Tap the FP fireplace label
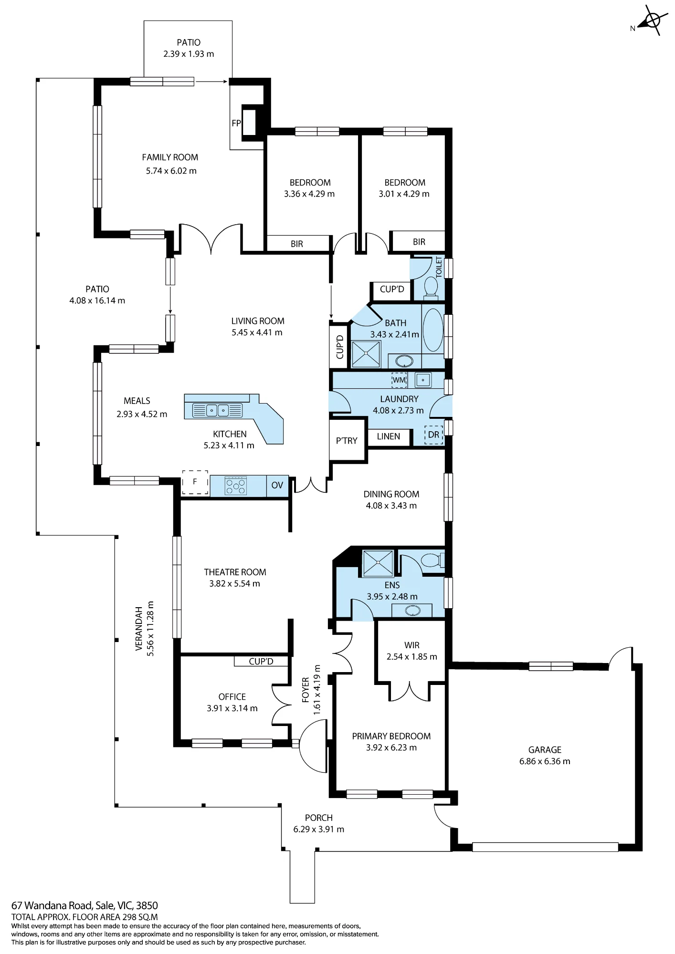point(236,123)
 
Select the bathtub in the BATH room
point(433,330)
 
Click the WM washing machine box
point(399,380)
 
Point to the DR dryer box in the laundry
point(433,435)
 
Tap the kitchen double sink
point(217,410)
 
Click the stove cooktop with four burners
point(235,486)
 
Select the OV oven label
point(277,485)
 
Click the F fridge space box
point(195,482)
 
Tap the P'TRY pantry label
point(347,440)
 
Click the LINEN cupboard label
point(389,436)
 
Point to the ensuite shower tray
point(378,563)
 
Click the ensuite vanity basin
point(412,611)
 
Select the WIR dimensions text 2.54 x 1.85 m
point(412,657)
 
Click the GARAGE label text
point(545,750)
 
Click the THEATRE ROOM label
point(235,572)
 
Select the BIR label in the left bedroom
point(297,244)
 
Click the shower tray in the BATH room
point(366,353)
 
